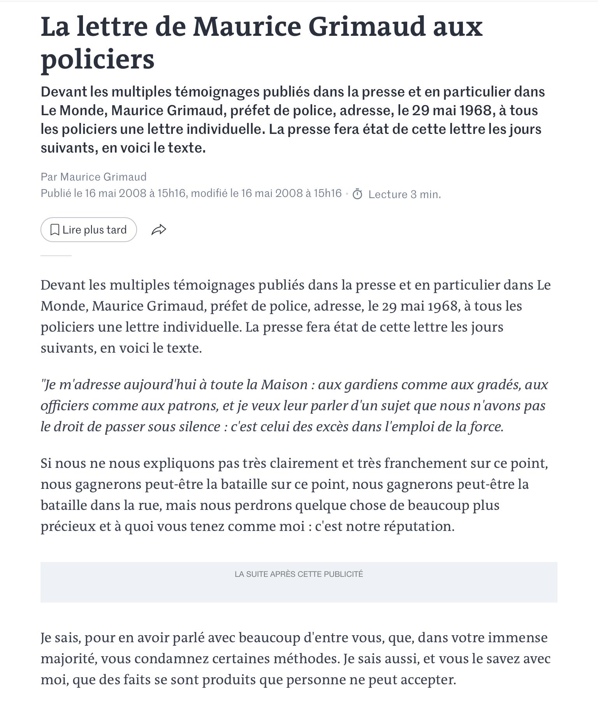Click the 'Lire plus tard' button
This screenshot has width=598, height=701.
(x=89, y=230)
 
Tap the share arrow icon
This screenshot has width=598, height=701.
(x=158, y=230)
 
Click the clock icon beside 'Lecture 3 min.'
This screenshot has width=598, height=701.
(x=357, y=194)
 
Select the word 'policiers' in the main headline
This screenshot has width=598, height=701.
(x=98, y=59)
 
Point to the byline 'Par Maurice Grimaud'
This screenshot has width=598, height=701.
(x=94, y=177)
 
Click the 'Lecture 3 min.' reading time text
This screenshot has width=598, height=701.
(x=405, y=194)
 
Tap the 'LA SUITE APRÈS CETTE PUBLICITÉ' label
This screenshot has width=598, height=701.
(x=299, y=574)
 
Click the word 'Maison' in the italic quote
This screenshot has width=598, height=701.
(x=284, y=385)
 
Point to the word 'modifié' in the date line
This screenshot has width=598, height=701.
(x=209, y=193)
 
